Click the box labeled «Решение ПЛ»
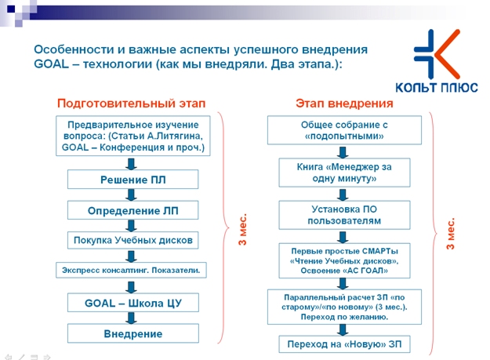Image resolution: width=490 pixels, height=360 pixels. [132, 180]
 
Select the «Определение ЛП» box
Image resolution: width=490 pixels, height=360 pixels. [132, 210]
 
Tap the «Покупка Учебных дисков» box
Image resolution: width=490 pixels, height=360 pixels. [132, 240]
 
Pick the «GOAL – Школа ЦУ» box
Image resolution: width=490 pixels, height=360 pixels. [132, 303]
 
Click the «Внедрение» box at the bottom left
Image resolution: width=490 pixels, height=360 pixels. [132, 333]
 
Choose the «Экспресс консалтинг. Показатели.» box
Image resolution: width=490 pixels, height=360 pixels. [131, 270]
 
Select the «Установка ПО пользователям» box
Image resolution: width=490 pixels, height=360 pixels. [344, 215]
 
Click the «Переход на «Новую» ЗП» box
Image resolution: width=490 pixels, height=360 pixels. [344, 344]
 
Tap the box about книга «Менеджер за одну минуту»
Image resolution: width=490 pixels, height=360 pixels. [344, 173]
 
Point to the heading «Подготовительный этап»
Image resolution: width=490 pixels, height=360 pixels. [131, 103]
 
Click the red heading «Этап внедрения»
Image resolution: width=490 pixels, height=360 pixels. [344, 103]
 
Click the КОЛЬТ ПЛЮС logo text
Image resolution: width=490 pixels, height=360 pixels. [437, 87]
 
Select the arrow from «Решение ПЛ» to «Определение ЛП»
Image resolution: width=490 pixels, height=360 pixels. [131, 195]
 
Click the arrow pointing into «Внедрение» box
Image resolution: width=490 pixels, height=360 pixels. [131, 318]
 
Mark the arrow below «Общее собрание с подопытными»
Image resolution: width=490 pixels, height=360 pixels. [343, 152]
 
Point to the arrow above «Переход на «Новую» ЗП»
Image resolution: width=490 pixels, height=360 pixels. [343, 329]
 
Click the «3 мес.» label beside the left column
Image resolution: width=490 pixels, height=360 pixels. [242, 229]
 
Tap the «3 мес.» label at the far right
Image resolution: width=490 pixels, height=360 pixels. [450, 234]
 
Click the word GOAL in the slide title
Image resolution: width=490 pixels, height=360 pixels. [51, 64]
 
